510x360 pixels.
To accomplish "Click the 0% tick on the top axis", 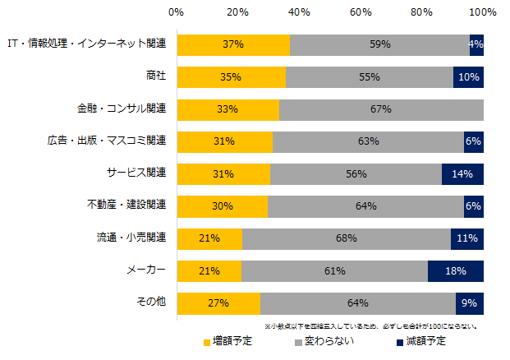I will [x=176, y=13].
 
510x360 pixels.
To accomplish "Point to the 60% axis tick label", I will [x=360, y=13].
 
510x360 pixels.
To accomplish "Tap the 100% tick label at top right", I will [x=483, y=13].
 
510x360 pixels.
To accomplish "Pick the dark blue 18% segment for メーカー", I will [x=455, y=271].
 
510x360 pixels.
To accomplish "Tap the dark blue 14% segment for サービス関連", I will [x=462, y=174].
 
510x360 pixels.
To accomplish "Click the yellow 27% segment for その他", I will [x=218, y=303].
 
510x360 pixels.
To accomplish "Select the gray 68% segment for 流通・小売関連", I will [x=346, y=239].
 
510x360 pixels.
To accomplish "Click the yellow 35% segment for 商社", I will [x=231, y=77].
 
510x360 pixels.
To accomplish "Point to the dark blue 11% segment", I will [x=466, y=239].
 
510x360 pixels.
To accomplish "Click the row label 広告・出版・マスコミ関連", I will [x=109, y=141].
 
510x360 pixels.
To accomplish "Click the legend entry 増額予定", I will [x=226, y=341].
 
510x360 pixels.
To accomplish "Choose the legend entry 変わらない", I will [x=324, y=341].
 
